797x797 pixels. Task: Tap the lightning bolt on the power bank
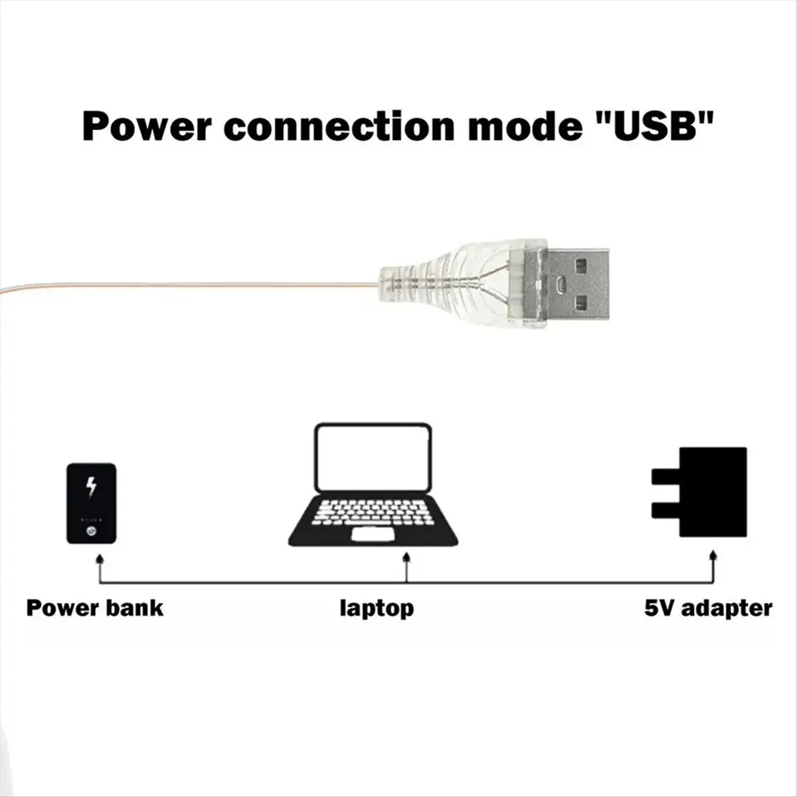[x=92, y=486]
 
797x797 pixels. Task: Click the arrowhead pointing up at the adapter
[x=714, y=556]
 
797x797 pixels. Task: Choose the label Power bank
[x=94, y=608]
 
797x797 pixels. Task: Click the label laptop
[x=377, y=608]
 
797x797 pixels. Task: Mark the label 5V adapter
[x=708, y=608]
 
